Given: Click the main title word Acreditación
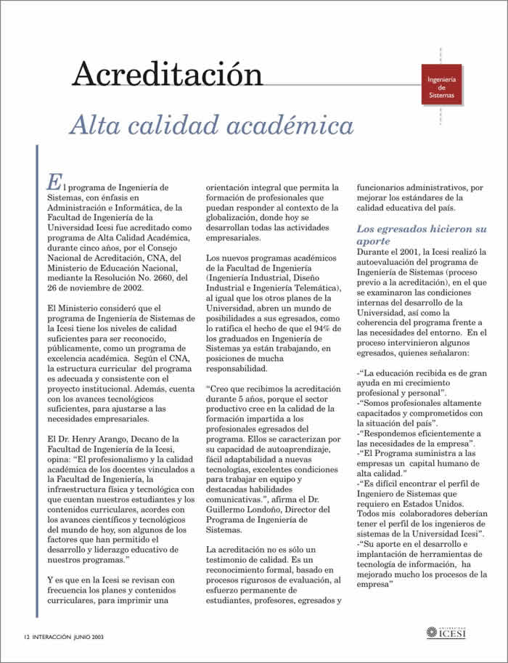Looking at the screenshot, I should click(167, 74).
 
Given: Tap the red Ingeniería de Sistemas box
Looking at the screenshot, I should click(441, 86).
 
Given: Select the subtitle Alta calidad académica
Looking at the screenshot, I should click(211, 125).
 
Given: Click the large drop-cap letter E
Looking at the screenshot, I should click(53, 180).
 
